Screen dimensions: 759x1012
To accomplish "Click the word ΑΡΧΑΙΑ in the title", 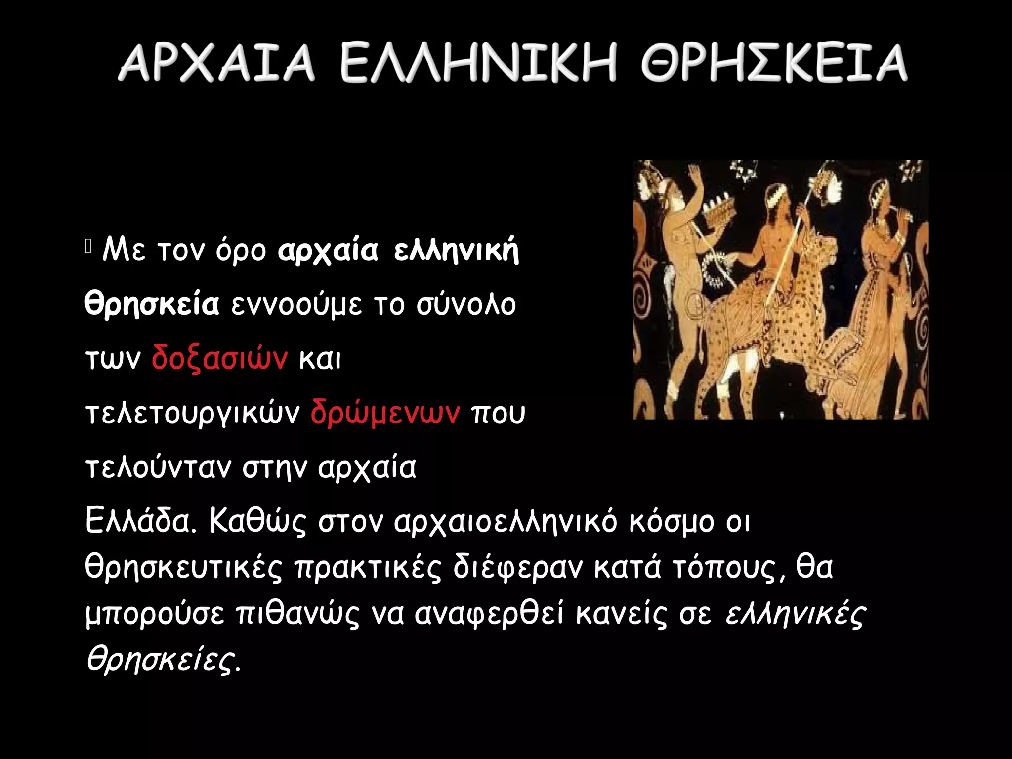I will [216, 62].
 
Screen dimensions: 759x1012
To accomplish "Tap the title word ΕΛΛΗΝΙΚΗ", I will [478, 62].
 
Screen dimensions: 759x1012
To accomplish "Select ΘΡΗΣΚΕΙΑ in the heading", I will [774, 62].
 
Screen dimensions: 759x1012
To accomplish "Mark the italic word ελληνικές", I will [796, 614].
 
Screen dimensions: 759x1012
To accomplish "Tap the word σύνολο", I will [465, 304].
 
